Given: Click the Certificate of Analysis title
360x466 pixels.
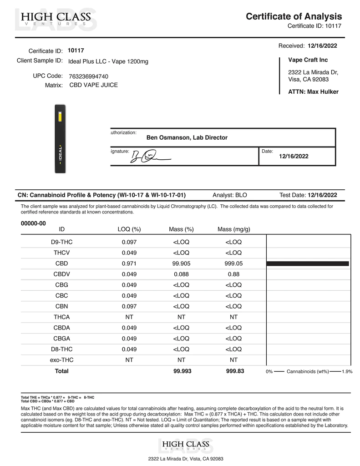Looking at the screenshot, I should (294, 16).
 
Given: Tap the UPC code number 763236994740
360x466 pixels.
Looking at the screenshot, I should (88, 76).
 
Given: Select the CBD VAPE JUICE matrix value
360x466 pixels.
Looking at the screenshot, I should (93, 85).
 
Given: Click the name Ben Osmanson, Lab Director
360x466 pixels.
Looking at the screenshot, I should (187, 137).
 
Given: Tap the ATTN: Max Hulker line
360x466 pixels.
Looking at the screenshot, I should (313, 92).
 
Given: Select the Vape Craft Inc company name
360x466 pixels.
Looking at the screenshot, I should (308, 60).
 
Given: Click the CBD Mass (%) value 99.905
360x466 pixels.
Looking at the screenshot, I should (181, 263).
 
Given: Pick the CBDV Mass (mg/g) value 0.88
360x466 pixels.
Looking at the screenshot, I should (233, 274).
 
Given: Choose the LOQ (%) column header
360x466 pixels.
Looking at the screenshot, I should (129, 229).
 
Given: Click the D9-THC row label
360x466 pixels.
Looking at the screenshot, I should (61, 242).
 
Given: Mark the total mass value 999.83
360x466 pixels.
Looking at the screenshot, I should (235, 371).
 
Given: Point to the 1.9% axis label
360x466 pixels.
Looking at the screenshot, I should (347, 372).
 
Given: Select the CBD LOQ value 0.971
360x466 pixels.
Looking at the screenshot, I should (129, 263).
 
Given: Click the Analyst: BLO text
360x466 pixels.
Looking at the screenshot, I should (230, 195).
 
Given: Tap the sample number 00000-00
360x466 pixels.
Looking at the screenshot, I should (34, 223).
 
